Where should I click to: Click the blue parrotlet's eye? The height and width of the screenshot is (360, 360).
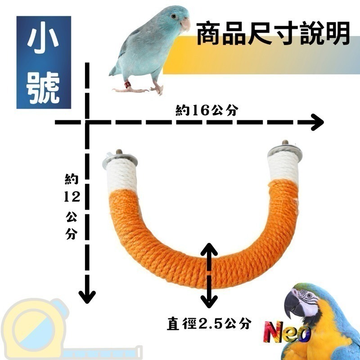coord(173,16)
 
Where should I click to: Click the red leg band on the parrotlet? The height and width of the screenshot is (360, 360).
coord(127,84)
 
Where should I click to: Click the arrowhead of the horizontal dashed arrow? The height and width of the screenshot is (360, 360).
coord(317,122)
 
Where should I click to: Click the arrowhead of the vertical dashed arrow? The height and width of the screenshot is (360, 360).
coord(87,296)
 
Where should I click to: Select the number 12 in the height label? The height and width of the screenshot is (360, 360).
coord(72,197)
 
